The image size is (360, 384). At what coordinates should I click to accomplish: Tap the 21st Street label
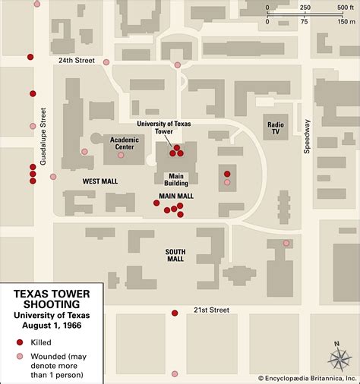pyautogui.click(x=211, y=310)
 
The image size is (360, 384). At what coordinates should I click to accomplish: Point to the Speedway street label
pyautogui.click(x=308, y=137)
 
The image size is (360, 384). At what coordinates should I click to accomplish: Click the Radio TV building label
pyautogui.click(x=275, y=127)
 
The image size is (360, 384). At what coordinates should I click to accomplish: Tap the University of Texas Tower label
pyautogui.click(x=164, y=127)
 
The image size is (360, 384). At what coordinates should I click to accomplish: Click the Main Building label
pyautogui.click(x=176, y=178)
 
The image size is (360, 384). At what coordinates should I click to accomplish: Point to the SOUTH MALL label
pyautogui.click(x=175, y=254)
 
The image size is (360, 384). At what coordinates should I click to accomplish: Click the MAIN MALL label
pyautogui.click(x=176, y=196)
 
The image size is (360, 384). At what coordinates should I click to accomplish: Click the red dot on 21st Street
pyautogui.click(x=175, y=313)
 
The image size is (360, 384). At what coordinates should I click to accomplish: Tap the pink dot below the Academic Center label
pyautogui.click(x=121, y=155)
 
